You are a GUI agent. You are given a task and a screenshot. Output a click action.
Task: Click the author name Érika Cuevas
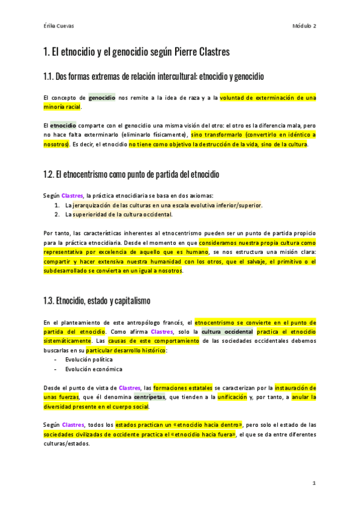click(59, 26)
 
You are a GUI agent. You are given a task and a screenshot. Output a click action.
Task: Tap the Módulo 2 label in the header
click(305, 26)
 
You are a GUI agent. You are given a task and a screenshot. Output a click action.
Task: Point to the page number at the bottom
click(313, 483)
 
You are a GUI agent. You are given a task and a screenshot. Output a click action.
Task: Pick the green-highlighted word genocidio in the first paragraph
click(102, 97)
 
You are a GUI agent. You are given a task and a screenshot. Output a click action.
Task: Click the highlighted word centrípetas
click(150, 397)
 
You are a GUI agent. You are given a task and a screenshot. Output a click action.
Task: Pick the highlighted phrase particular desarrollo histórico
click(127, 350)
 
